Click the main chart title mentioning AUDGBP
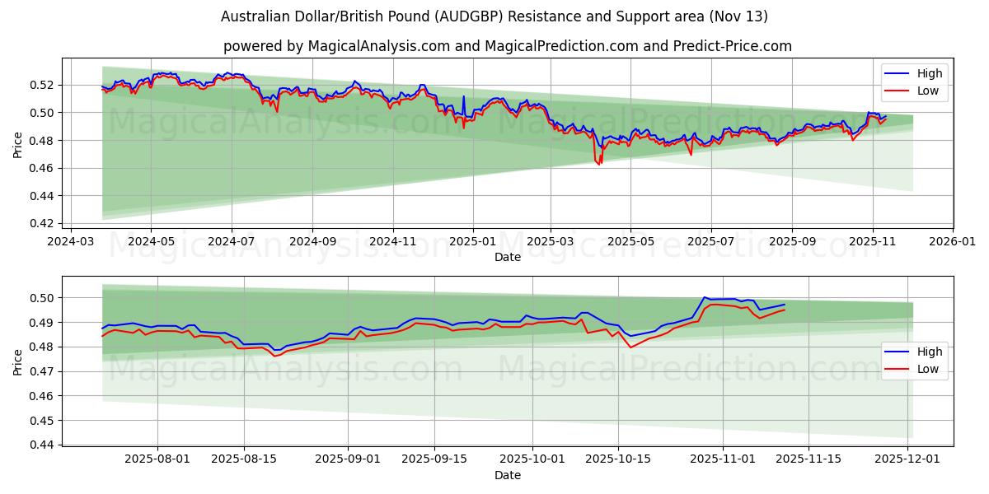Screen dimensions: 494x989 (x=494, y=16)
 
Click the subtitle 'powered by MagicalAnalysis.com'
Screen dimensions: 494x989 (x=507, y=46)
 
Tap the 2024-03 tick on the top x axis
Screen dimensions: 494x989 (x=70, y=242)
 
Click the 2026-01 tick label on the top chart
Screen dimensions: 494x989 (x=953, y=242)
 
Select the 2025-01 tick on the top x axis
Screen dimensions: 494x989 (x=473, y=242)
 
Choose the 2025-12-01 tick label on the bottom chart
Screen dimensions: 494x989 (x=907, y=459)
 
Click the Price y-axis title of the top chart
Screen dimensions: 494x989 (x=18, y=145)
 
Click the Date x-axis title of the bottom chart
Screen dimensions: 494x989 (x=507, y=475)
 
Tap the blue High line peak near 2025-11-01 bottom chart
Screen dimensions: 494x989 (x=705, y=297)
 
